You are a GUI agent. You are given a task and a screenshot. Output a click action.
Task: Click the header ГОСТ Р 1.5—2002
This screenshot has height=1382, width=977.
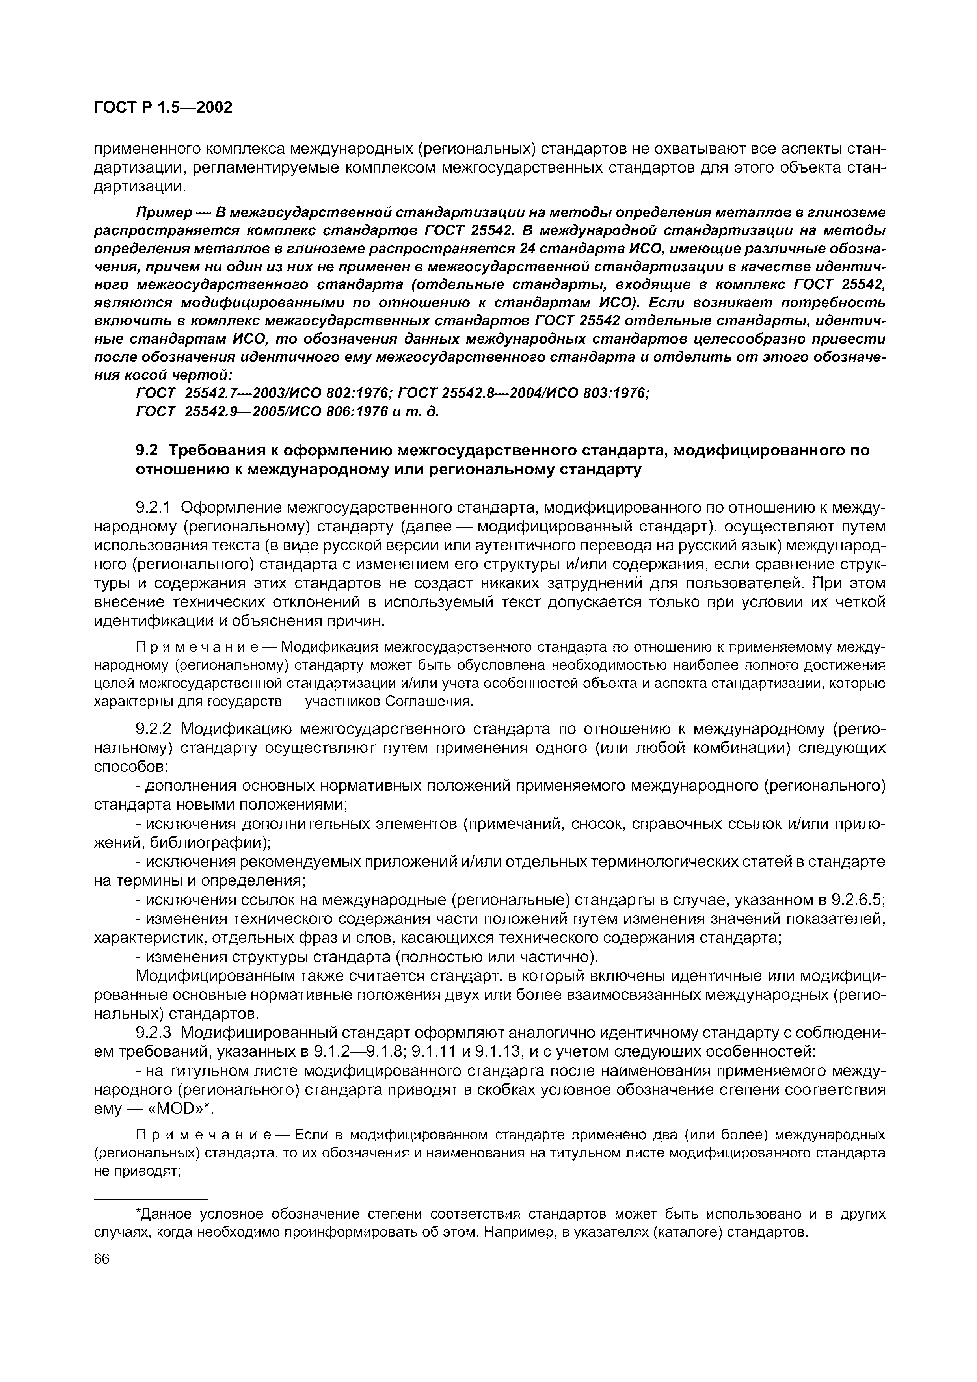[x=162, y=108]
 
